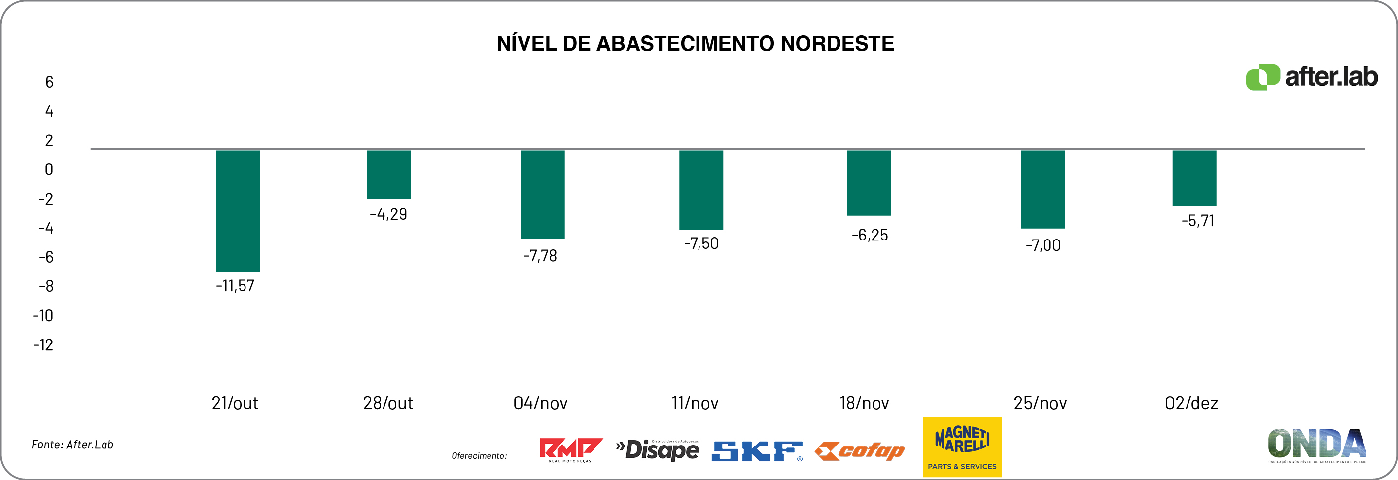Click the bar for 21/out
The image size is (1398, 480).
[x=238, y=210]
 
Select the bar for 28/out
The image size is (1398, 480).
[x=388, y=174]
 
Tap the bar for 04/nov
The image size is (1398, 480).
[x=543, y=194]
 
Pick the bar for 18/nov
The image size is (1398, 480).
[x=869, y=183]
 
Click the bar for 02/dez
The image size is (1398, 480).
[x=1194, y=178]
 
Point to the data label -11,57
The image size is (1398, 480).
[x=235, y=286]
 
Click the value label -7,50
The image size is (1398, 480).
[x=701, y=243]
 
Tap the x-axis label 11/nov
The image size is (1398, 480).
[x=695, y=403]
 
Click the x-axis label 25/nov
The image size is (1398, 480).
[x=1040, y=403]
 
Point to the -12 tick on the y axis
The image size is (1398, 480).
[x=43, y=345]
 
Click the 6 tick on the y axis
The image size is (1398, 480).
[x=49, y=82]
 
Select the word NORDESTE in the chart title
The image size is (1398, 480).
[x=837, y=44]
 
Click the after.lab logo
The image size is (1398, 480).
[x=1311, y=77]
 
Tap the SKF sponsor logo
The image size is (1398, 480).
[x=757, y=451]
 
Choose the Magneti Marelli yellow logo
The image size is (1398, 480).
[x=962, y=446]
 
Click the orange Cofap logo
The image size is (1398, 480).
[x=859, y=451]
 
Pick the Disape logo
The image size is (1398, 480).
[x=658, y=449]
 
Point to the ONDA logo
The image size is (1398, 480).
[x=1317, y=445]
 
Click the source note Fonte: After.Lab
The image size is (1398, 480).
[x=72, y=445]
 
